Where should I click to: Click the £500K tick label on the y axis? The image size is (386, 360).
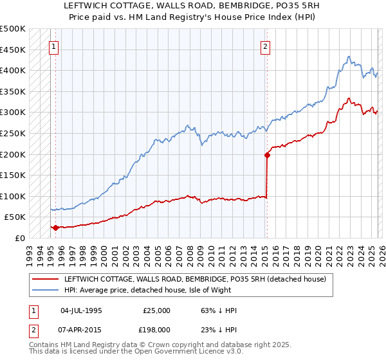pos(13,29)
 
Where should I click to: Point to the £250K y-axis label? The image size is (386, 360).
pos(13,133)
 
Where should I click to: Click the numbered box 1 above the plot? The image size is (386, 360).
pos(53,46)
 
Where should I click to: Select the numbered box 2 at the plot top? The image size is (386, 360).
pos(265,46)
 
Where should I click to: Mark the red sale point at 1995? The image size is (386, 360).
pos(55,227)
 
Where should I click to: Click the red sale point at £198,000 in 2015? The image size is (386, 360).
pos(266,154)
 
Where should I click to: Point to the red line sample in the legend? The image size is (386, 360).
pos(45,280)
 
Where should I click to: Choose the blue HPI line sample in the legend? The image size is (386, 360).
pos(45,290)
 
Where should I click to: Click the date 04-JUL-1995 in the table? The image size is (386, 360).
pos(81,310)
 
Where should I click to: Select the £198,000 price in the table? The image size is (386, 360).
pos(157,330)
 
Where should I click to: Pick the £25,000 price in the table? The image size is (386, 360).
pos(157,310)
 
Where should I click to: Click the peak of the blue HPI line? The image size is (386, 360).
pos(347,57)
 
